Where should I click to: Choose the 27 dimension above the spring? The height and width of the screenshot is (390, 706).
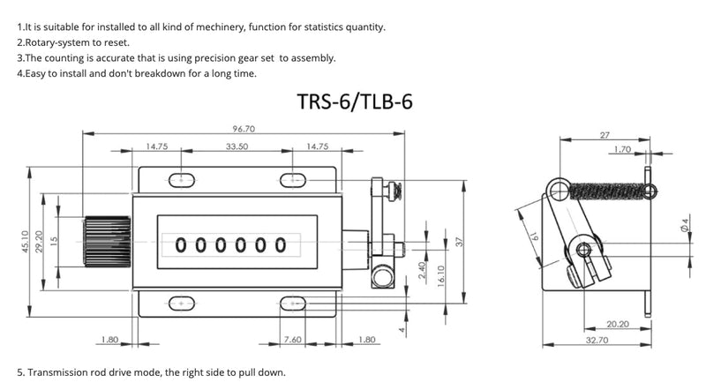coord(605,135)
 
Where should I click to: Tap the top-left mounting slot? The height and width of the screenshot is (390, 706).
coord(183,180)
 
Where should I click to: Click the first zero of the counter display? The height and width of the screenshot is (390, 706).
coord(182,244)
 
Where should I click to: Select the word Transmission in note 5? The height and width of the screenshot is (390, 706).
coord(57,372)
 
